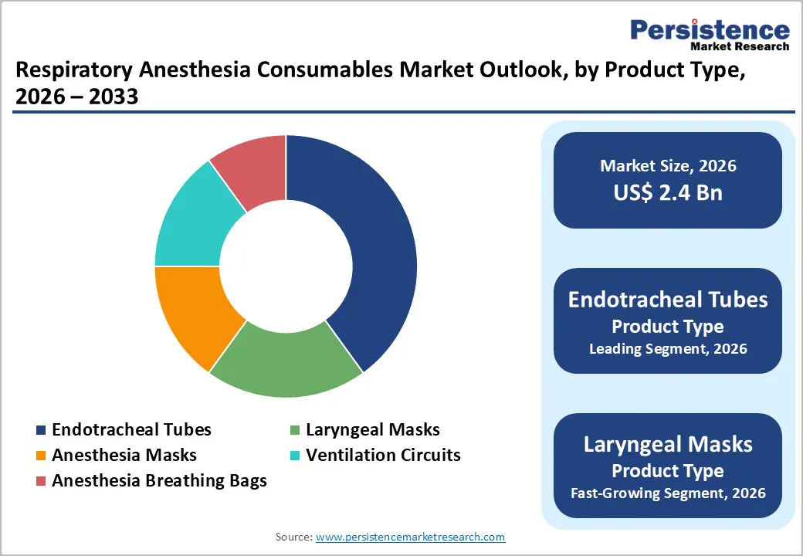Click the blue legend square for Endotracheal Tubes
tap(41, 430)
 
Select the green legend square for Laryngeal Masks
tap(295, 430)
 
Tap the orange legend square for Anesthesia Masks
tap(41, 456)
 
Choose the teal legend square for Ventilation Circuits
tap(295, 456)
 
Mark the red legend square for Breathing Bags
tap(41, 481)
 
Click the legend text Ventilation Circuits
tap(383, 455)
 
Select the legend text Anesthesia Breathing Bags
tap(159, 480)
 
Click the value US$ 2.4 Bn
tap(668, 192)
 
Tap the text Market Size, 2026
tap(668, 166)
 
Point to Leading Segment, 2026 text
tap(668, 349)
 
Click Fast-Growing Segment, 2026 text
tap(668, 493)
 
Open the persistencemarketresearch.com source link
tap(411, 537)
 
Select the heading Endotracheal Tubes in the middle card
tap(668, 300)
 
